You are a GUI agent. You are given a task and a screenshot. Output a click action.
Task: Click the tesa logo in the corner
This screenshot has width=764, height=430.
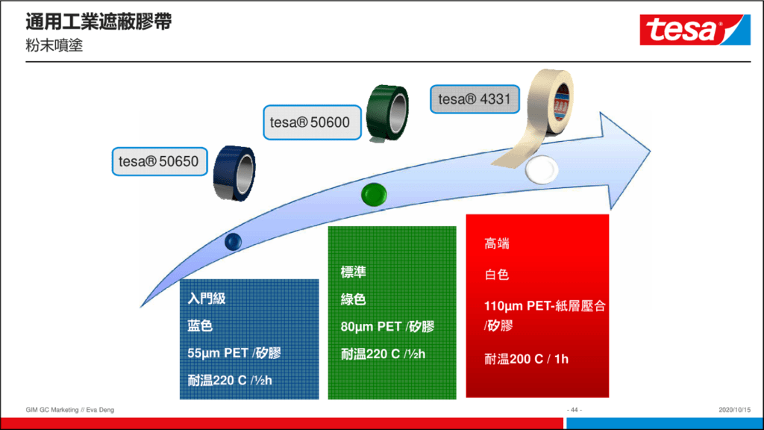(695, 30)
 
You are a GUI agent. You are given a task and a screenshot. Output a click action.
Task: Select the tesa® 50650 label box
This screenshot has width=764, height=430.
(160, 161)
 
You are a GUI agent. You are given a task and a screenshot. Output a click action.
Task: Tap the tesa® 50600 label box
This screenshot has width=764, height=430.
(313, 122)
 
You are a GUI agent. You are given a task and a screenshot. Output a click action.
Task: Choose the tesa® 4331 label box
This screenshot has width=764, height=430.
(475, 99)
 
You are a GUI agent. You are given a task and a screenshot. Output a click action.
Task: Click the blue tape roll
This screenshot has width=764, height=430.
(234, 173)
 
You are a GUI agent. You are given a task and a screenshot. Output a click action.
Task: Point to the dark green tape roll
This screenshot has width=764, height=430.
(387, 113)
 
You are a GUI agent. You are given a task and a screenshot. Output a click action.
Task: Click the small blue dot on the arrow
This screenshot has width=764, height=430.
(233, 241)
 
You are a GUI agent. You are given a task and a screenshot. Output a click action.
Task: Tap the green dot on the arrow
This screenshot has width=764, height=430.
(375, 194)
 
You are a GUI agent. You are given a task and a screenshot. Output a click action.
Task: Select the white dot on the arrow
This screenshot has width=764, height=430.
(542, 169)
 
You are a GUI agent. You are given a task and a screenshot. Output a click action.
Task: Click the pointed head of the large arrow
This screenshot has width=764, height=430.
(650, 152)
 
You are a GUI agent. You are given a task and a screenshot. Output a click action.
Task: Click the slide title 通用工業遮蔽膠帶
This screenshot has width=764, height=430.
(98, 22)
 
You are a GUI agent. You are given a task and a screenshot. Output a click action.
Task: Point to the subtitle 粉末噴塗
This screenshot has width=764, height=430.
(54, 46)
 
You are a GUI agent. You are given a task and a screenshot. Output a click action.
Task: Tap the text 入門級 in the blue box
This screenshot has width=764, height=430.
(207, 299)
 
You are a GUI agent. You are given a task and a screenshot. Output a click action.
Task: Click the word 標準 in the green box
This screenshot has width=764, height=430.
(353, 272)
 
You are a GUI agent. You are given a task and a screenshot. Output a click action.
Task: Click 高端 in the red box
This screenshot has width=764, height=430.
(497, 243)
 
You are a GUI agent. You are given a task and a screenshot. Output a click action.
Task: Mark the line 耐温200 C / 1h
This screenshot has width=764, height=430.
(526, 359)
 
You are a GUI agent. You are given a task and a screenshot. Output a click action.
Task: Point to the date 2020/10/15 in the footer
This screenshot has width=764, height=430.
(734, 410)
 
